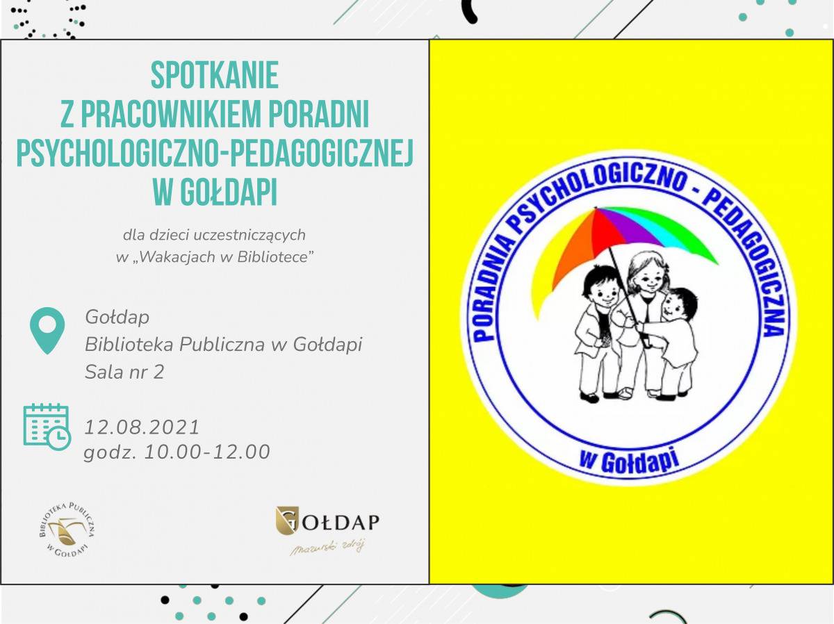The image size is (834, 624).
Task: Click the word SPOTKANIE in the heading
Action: pos(215,75)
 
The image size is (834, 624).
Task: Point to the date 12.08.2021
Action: pos(142,427)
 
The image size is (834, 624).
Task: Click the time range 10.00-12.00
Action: pos(207,452)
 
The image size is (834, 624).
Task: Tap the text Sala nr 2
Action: pos(124,372)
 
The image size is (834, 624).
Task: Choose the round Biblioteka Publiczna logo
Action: pos(67,529)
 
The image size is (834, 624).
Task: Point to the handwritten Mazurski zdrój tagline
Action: pos(327,548)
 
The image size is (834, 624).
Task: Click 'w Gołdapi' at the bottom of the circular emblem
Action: pos(629,461)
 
